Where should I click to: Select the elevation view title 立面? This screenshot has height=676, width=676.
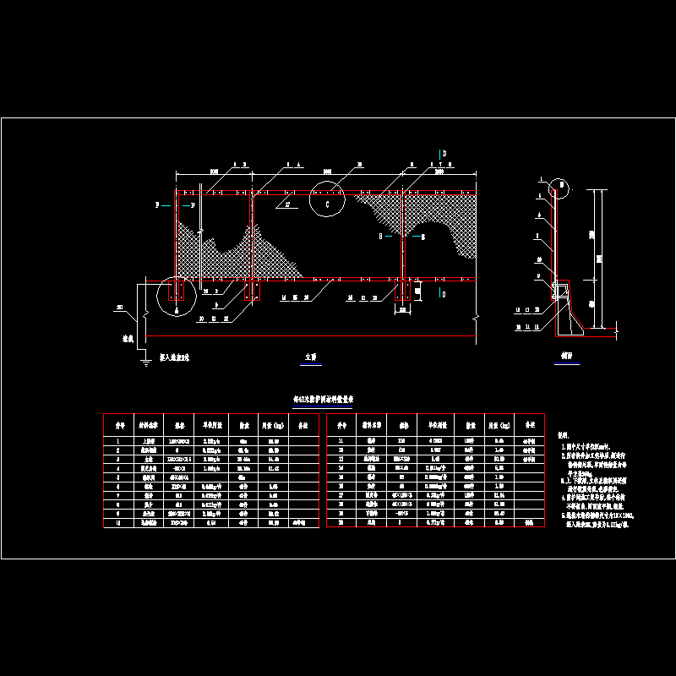pyautogui.click(x=311, y=357)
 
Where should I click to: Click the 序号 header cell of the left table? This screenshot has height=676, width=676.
pyautogui.click(x=119, y=426)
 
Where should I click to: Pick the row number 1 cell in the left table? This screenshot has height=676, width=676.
pyautogui.click(x=119, y=440)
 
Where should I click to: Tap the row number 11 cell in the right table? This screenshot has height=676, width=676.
pyautogui.click(x=341, y=440)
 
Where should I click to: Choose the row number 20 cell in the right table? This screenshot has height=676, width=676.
pyautogui.click(x=341, y=523)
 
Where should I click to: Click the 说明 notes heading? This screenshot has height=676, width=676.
pyautogui.click(x=564, y=433)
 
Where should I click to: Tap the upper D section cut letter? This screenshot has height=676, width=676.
pyautogui.click(x=443, y=153)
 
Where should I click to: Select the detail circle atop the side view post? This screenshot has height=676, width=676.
pyautogui.click(x=559, y=188)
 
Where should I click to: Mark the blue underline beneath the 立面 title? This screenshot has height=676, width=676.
pyautogui.click(x=311, y=363)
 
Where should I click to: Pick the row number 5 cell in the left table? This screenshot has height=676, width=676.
pyautogui.click(x=119, y=477)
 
